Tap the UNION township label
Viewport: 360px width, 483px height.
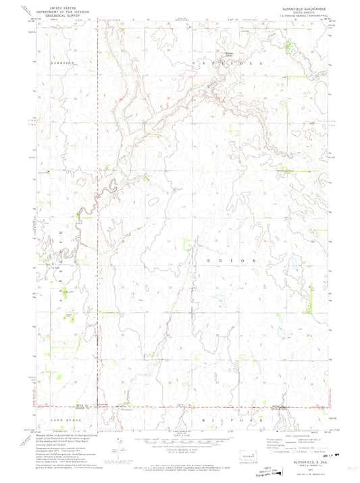tap(236, 260)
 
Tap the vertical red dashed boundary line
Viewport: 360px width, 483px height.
tap(97, 203)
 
